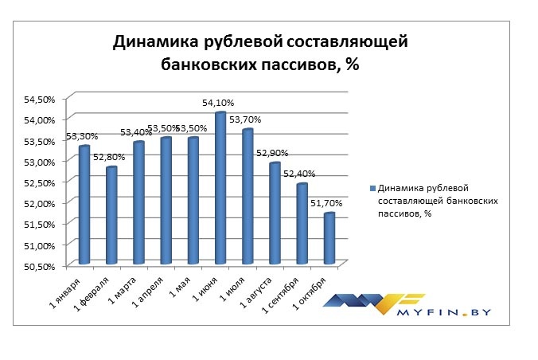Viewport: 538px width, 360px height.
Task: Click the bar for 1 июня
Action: pos(220,188)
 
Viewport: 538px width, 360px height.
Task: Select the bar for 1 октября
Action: pos(329,238)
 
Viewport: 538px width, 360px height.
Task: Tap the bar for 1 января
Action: pos(84,205)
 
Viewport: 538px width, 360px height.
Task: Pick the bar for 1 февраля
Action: pos(111,215)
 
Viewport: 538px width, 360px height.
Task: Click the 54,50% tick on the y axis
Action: pos(38,99)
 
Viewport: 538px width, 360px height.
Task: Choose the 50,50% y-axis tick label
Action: pos(38,265)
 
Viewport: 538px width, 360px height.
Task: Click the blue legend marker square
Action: pos(372,189)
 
